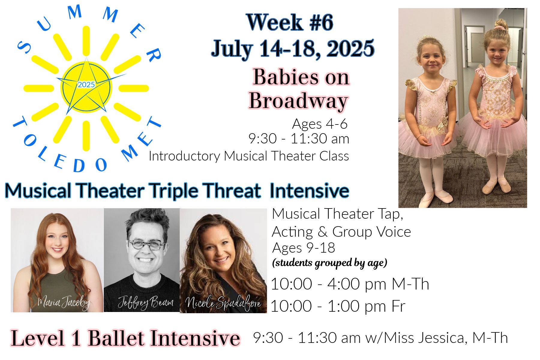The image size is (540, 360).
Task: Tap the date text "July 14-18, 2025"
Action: (x=293, y=48)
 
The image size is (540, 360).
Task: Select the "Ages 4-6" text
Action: (x=320, y=124)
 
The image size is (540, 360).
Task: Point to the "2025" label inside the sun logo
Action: (x=86, y=85)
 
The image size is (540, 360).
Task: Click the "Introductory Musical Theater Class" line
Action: (x=249, y=156)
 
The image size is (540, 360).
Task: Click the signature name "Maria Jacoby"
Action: (x=64, y=303)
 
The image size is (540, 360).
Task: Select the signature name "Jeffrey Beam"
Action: (x=146, y=302)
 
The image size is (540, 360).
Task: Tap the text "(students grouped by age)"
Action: (x=329, y=263)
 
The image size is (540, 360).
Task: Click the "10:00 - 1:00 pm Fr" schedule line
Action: (x=338, y=306)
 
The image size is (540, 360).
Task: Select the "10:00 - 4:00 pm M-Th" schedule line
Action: (x=350, y=284)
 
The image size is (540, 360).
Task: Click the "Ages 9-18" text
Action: (x=304, y=248)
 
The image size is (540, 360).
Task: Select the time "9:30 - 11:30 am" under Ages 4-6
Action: (x=299, y=139)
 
